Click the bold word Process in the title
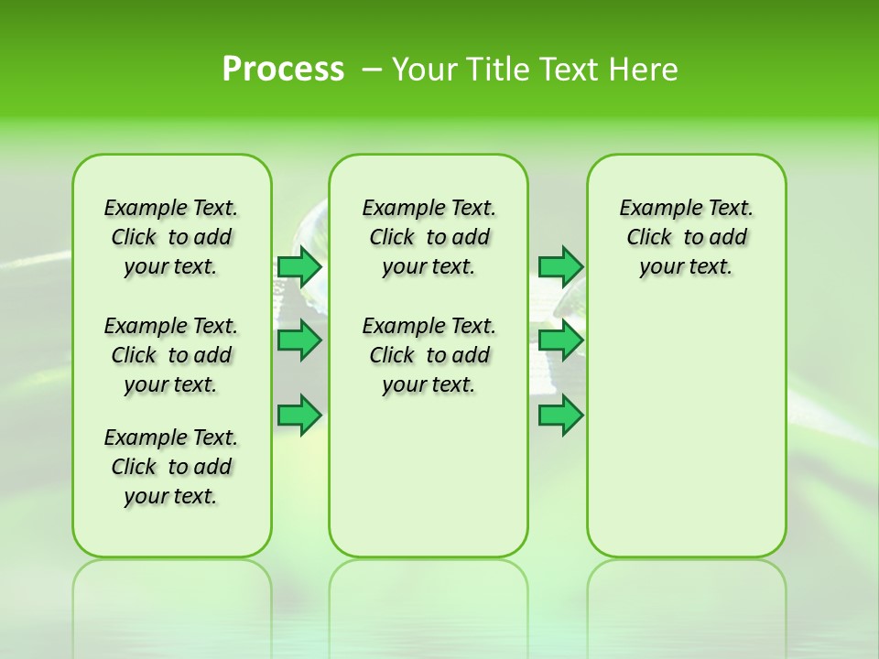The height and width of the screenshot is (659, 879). [x=283, y=69]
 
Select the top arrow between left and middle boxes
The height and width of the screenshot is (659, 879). [x=298, y=266]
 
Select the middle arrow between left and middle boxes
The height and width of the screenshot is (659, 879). [x=298, y=340]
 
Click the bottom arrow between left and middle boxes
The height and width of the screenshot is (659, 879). [x=298, y=416]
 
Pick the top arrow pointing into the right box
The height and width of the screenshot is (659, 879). [x=560, y=266]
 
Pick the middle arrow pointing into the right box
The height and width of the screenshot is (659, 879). [x=560, y=340]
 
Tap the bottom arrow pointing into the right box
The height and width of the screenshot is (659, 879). [x=560, y=416]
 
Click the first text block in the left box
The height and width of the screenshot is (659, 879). [x=171, y=237]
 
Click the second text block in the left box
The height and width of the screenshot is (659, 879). [x=171, y=355]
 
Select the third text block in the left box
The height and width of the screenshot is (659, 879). [x=171, y=467]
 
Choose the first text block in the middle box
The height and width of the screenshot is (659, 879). [x=429, y=237]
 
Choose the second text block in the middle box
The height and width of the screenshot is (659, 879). [x=429, y=355]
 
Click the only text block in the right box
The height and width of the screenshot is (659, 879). [x=686, y=237]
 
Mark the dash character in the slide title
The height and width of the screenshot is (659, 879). [x=372, y=70]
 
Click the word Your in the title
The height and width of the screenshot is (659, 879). [x=424, y=69]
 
